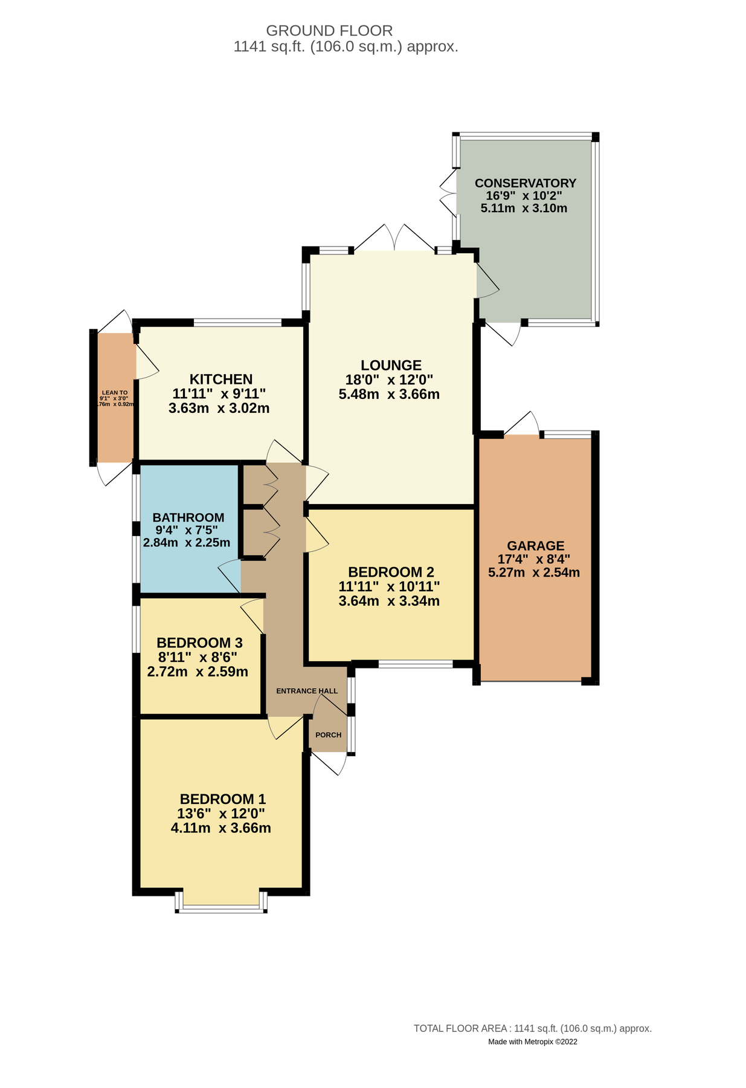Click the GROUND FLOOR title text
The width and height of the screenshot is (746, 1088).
[x=329, y=30]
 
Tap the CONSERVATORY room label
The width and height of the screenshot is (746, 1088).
[x=525, y=183]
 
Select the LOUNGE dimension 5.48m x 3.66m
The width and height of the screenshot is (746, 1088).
[x=389, y=395]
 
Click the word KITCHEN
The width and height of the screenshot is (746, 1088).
[x=221, y=380]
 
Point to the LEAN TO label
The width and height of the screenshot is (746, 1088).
[x=114, y=393]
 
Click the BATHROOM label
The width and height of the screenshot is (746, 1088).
[x=188, y=517]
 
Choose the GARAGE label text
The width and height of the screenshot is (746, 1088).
[x=535, y=546]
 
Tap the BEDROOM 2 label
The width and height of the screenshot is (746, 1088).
[x=391, y=572]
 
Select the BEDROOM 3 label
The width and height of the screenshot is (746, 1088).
[x=199, y=643]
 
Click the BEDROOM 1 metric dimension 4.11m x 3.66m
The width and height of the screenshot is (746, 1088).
[x=220, y=828]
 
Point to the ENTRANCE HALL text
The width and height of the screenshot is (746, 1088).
[x=307, y=691]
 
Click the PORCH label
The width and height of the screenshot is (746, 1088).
[x=328, y=735]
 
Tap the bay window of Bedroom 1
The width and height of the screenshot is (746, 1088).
[x=221, y=907]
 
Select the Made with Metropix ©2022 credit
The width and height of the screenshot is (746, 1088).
[x=532, y=1041]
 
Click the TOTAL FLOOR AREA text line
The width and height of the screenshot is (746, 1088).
[x=532, y=1028]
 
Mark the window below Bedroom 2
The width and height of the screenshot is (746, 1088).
[x=416, y=664]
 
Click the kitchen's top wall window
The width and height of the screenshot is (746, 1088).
[x=237, y=322]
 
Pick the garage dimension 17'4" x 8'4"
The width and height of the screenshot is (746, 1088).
[x=533, y=559]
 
